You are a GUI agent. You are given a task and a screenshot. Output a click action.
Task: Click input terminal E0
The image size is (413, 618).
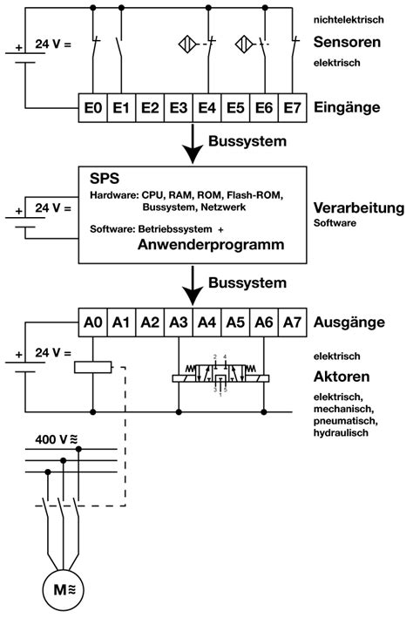pyautogui.click(x=93, y=108)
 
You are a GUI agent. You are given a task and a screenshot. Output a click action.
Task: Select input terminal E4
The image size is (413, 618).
pyautogui.click(x=207, y=108)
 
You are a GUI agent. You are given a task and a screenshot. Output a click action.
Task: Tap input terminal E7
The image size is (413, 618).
pyautogui.click(x=292, y=108)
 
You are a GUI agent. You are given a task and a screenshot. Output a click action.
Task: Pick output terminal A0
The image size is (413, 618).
pyautogui.click(x=93, y=322)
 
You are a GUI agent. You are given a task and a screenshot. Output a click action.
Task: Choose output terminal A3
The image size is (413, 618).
pyautogui.click(x=179, y=322)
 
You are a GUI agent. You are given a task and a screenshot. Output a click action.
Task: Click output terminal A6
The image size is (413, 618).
pyautogui.click(x=263, y=322)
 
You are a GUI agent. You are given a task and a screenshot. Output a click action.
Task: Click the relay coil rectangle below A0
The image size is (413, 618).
pyautogui.click(x=93, y=367)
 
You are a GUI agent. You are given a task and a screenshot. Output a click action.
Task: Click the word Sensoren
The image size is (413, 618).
pyautogui.click(x=345, y=41)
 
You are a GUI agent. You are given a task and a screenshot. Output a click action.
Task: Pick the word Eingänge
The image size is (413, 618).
pyautogui.click(x=345, y=108)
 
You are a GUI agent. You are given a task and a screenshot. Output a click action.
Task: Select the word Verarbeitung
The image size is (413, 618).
pyautogui.click(x=358, y=208)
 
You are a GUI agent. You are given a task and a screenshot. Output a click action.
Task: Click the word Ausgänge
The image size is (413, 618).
pyautogui.click(x=349, y=322)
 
